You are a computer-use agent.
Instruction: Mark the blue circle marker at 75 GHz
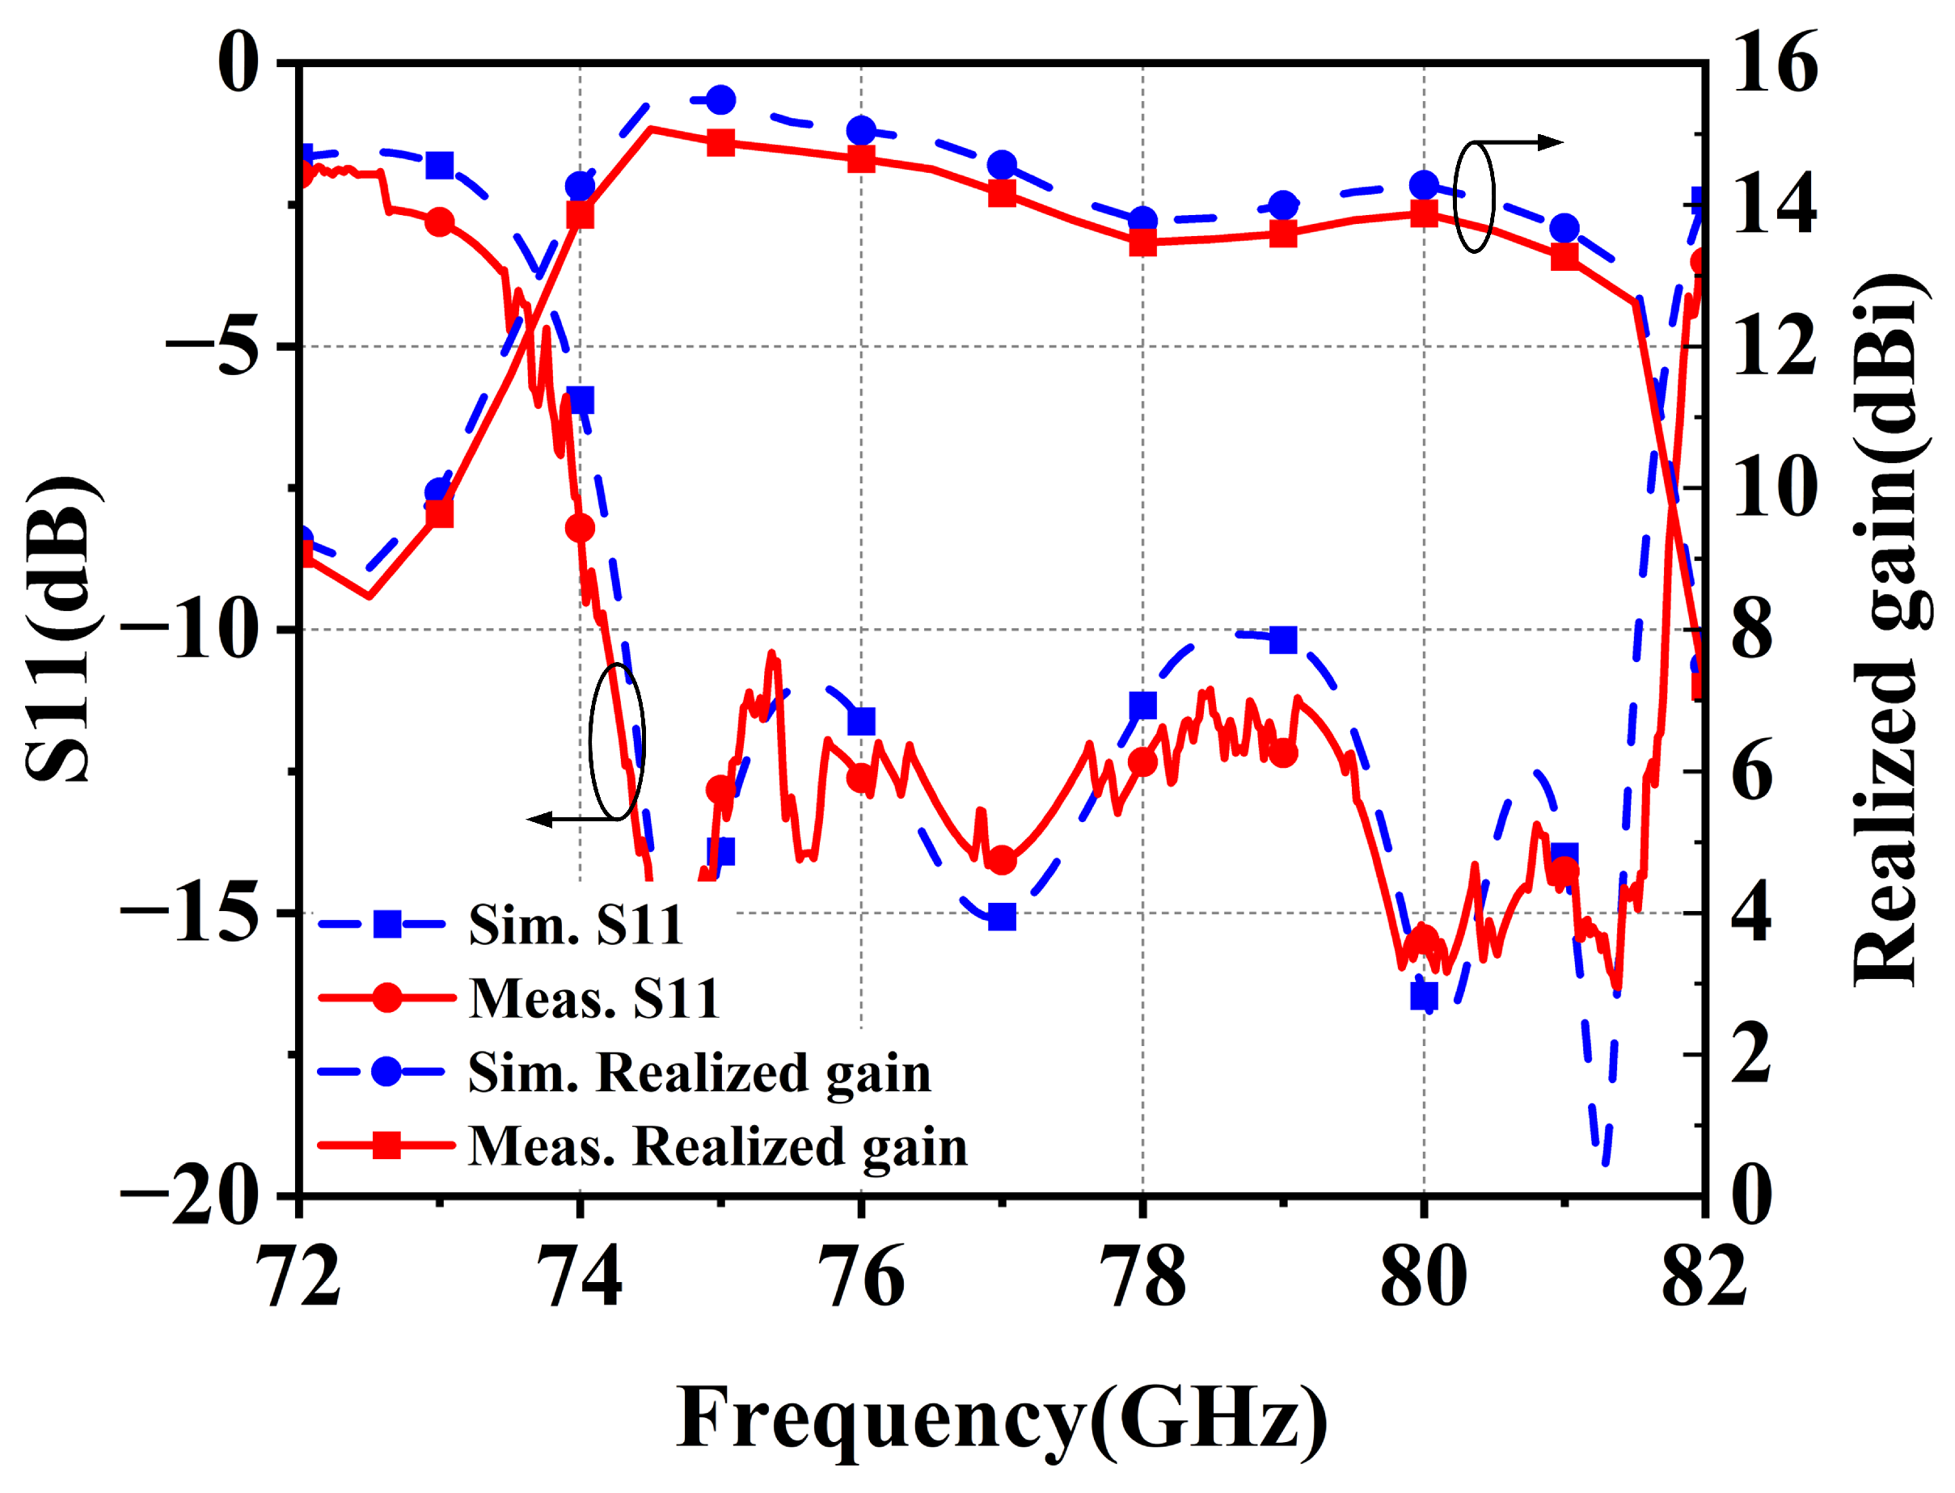tap(721, 99)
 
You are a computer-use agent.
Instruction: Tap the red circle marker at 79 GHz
tap(1283, 753)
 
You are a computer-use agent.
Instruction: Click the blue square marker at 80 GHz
tap(1425, 997)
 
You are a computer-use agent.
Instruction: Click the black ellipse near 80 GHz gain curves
tap(1474, 196)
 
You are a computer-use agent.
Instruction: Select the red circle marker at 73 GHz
tap(439, 221)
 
